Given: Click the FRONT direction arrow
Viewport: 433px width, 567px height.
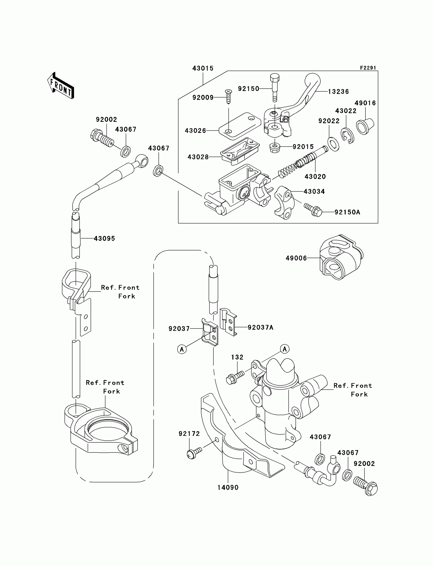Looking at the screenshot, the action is [x=61, y=86].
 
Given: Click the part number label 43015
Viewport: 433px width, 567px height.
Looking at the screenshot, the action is [x=203, y=68].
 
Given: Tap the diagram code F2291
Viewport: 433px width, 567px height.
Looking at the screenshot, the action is [x=368, y=68].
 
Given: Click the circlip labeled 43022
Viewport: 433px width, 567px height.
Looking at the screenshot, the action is [x=348, y=136].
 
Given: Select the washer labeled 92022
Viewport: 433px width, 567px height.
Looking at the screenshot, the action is [x=333, y=144].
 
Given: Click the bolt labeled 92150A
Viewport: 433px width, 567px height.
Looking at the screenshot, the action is [x=313, y=210].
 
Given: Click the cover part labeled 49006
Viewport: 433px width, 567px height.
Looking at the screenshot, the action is [x=341, y=257].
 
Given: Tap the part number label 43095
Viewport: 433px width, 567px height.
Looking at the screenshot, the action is [x=104, y=238].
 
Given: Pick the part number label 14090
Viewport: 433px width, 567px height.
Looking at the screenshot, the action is [x=228, y=487].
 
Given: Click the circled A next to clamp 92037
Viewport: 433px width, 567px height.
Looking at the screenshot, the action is [x=182, y=349].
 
